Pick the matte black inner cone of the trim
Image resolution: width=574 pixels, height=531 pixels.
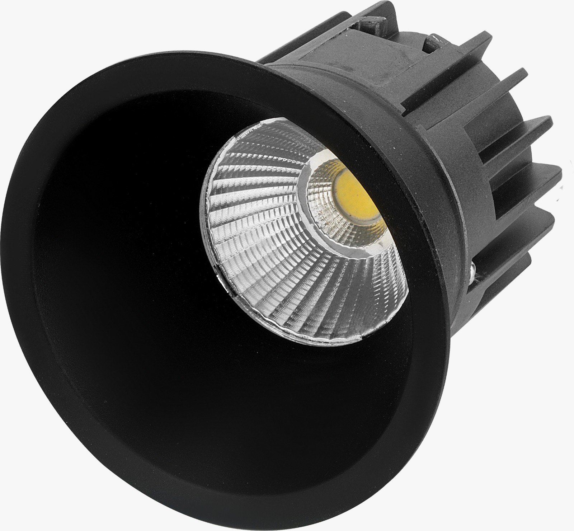[143, 269]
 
